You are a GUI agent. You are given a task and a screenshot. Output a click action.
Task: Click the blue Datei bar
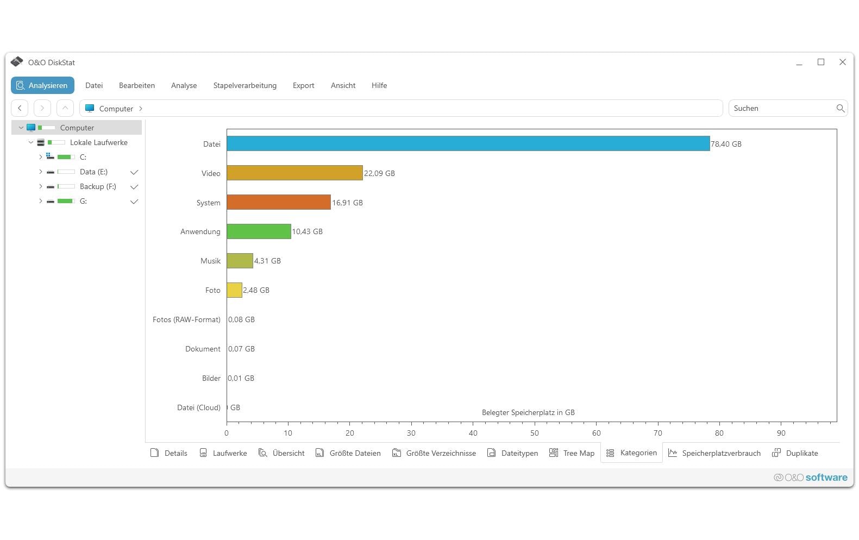468,143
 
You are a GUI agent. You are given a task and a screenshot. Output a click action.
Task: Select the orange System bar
279,202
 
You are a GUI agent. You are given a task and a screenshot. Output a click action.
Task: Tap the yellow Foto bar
234,290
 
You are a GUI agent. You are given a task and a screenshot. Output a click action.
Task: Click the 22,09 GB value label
379,173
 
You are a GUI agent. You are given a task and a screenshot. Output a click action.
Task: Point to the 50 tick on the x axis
535,433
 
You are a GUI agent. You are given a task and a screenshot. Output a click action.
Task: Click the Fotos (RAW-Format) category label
186,319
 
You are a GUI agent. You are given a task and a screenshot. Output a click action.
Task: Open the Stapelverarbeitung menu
244,85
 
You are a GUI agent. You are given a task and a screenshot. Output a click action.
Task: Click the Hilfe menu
379,85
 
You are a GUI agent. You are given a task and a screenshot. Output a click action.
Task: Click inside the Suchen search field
782,108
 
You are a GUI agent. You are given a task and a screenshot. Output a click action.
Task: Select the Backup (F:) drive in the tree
98,186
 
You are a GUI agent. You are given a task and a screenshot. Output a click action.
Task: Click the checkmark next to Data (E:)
134,172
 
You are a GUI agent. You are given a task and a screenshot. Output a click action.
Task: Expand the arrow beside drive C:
40,157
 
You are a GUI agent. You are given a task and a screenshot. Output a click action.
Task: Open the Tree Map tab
572,453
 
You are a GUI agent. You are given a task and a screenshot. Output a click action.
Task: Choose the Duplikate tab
795,453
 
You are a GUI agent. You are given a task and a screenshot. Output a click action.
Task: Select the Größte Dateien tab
348,453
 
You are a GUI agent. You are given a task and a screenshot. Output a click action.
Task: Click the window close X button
843,62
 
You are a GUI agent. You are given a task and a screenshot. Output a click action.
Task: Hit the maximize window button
820,62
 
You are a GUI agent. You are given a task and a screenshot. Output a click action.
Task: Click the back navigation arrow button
20,108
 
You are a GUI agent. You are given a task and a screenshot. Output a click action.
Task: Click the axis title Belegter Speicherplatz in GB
528,412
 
